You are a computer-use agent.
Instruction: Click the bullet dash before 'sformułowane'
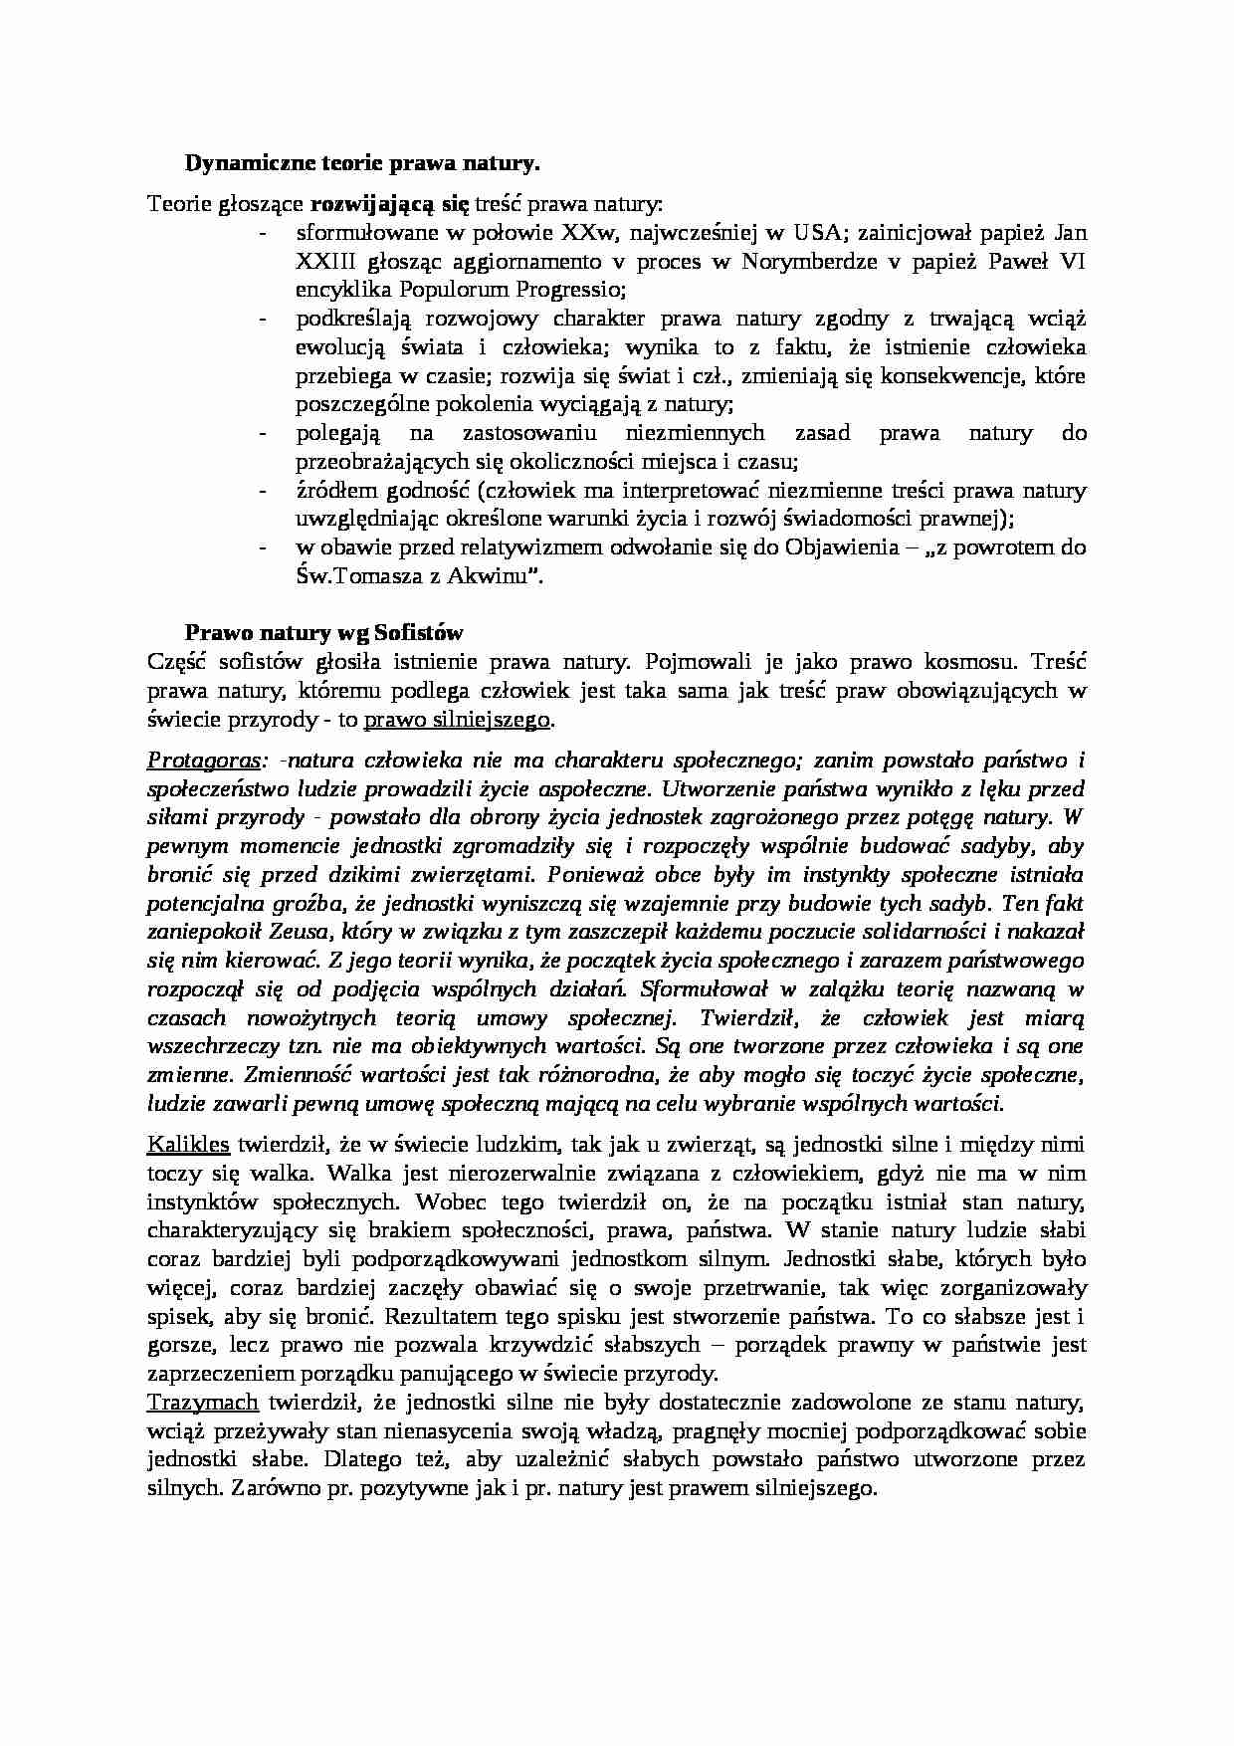point(263,234)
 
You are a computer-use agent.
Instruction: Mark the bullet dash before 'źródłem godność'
point(263,490)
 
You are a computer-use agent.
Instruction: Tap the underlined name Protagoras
point(205,761)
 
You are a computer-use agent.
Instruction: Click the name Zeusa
point(301,933)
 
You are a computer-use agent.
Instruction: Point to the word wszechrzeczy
point(206,1046)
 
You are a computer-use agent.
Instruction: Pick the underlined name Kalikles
point(188,1144)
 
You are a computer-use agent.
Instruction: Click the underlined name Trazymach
point(202,1403)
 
